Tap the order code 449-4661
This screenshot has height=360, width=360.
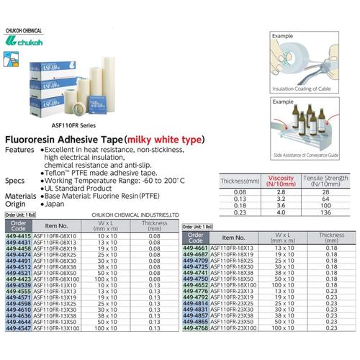point(197,247)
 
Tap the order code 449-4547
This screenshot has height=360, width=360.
point(17,328)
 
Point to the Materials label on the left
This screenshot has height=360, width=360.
point(19,195)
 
